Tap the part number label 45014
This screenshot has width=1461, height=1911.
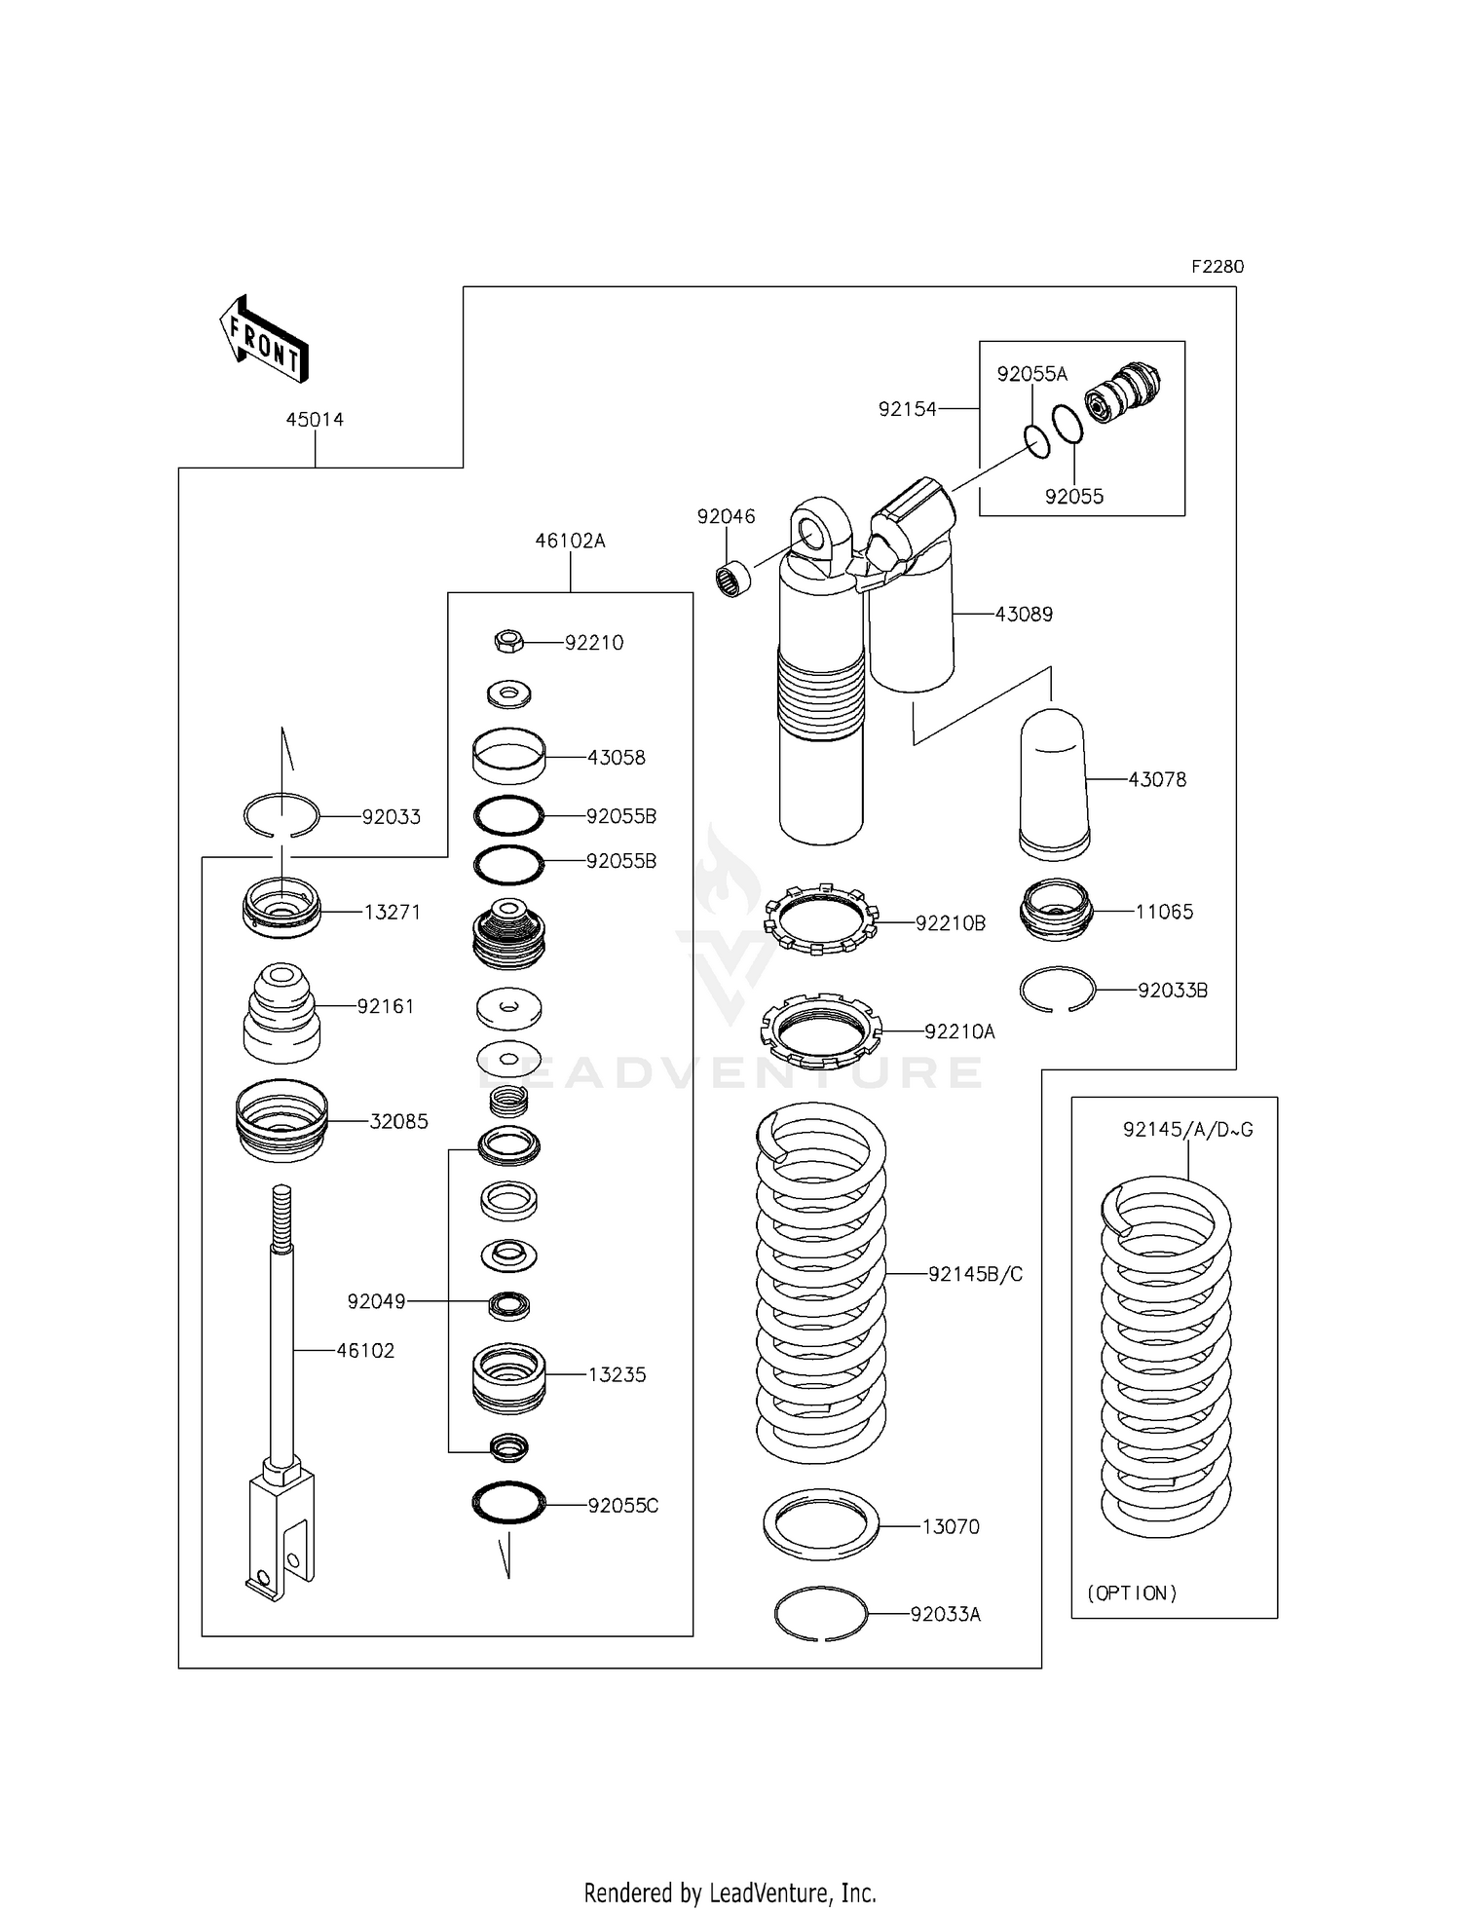pyautogui.click(x=315, y=420)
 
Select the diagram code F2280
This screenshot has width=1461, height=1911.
pyautogui.click(x=1217, y=267)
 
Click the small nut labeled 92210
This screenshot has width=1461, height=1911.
pyautogui.click(x=509, y=641)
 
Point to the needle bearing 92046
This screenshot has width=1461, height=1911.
pyautogui.click(x=734, y=579)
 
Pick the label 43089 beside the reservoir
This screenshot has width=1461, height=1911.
pyautogui.click(x=1024, y=615)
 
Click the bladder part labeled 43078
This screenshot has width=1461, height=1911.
pyautogui.click(x=1053, y=784)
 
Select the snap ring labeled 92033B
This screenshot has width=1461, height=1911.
pyautogui.click(x=1058, y=991)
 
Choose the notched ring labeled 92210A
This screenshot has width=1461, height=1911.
pyautogui.click(x=820, y=1030)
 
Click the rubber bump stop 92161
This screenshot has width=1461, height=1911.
pyautogui.click(x=281, y=1013)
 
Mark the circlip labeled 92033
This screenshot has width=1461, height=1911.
pyautogui.click(x=281, y=816)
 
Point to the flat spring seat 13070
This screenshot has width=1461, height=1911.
pyautogui.click(x=821, y=1525)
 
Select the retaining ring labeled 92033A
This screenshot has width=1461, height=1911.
pyautogui.click(x=821, y=1614)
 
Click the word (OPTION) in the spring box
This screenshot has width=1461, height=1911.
pyautogui.click(x=1132, y=1593)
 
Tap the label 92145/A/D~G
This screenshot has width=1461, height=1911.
pyautogui.click(x=1187, y=1130)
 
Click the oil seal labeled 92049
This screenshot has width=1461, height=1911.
pyautogui.click(x=508, y=1304)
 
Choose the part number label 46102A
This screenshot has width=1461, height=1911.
pyautogui.click(x=570, y=541)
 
